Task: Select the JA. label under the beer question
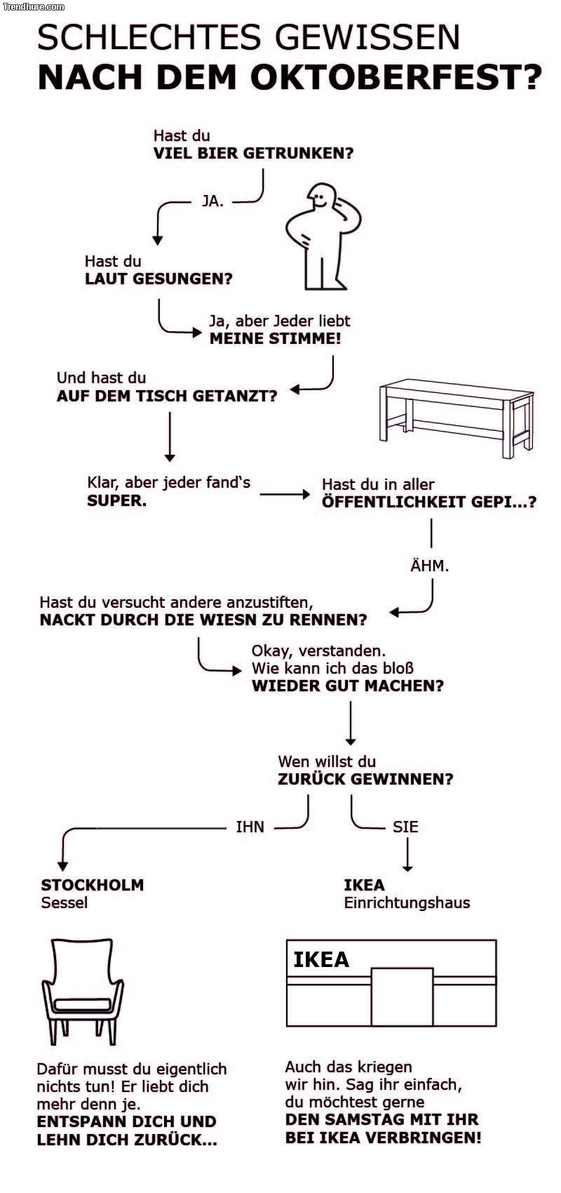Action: click(212, 201)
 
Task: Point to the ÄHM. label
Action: click(429, 565)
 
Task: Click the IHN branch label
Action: click(250, 827)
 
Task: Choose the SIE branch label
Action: click(405, 827)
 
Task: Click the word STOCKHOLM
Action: click(93, 885)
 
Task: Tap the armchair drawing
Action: click(82, 989)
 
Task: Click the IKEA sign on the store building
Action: click(321, 959)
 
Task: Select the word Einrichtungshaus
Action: click(407, 903)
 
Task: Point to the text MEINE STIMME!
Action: click(276, 339)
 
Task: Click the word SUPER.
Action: click(116, 501)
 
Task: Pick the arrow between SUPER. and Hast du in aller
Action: click(284, 495)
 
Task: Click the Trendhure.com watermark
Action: click(34, 6)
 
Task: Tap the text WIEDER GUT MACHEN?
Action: click(348, 686)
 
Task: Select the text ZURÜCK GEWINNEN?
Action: click(365, 779)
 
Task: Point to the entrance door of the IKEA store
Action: click(402, 997)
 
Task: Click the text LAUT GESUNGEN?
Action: click(158, 279)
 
